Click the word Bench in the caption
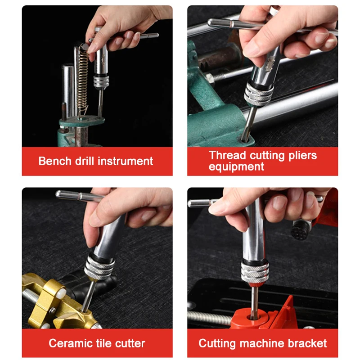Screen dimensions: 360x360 51,161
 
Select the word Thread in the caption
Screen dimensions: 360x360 227,156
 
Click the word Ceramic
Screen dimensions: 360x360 67,344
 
